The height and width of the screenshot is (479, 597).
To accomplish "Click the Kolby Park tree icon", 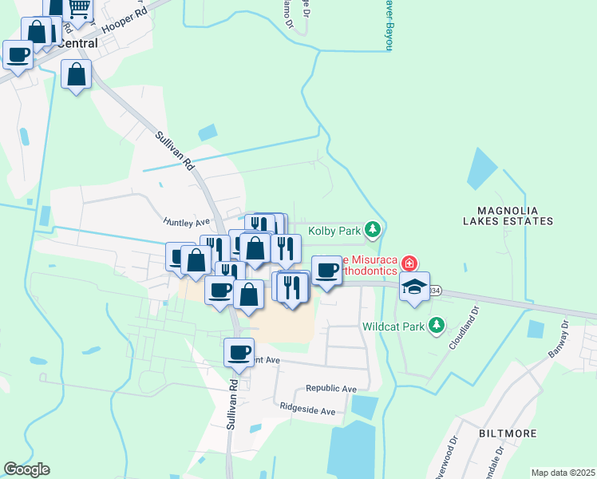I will point(372,231).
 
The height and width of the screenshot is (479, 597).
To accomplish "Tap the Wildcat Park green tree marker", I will point(436,325).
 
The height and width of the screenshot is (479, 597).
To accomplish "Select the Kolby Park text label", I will point(334,232).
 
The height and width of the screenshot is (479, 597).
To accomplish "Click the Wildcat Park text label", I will point(392,326).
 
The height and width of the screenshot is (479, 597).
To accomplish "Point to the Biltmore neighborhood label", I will point(507,433).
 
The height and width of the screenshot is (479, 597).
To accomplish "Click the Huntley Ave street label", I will point(186,222).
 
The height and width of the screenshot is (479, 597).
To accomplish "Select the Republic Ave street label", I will point(330,389).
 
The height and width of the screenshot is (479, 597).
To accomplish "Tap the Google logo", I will point(26,469).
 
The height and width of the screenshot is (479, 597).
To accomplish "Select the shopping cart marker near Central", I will point(78,8).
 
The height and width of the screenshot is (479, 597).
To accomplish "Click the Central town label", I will point(77,44).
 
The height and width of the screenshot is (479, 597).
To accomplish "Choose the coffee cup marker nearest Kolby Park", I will point(326,270).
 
